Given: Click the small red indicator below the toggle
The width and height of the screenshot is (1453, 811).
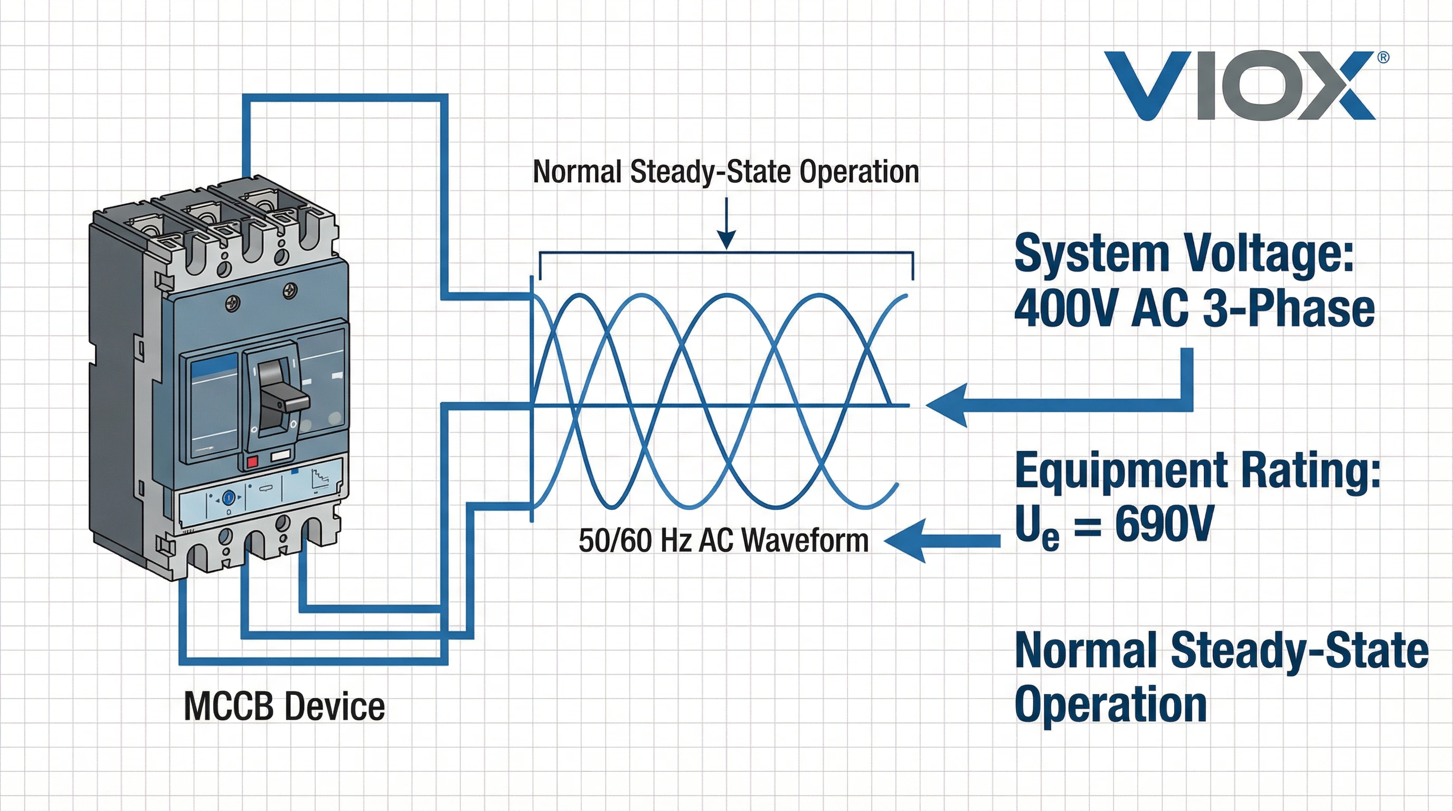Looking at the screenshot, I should tap(252, 461).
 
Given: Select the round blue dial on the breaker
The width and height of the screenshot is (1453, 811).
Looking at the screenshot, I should tap(229, 497).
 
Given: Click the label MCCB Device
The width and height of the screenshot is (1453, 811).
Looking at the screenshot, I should tap(284, 706).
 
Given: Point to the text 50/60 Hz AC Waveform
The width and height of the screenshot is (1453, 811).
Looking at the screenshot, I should tap(724, 540).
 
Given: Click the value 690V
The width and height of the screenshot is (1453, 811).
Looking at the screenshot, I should tap(1164, 524).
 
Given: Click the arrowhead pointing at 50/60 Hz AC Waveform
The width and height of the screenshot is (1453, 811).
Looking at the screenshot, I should tap(905, 541).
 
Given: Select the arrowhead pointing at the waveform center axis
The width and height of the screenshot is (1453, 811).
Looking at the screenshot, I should tap(948, 405).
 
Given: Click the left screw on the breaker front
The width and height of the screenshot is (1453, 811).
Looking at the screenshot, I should tap(232, 304).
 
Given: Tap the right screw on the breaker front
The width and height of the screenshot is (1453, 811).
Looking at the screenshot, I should tap(290, 291).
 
